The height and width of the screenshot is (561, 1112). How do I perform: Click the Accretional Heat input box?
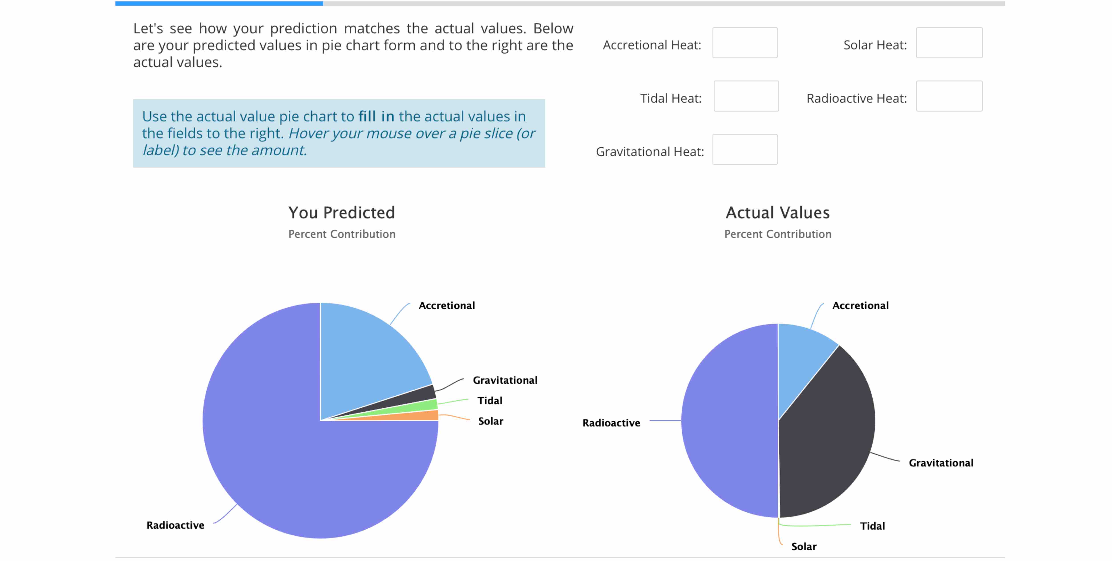[745, 43]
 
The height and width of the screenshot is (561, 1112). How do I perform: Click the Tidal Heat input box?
[746, 96]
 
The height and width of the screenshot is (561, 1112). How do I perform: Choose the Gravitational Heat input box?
[745, 149]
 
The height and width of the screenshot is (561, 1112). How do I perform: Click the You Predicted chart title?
[341, 213]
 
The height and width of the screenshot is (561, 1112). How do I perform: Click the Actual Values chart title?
[777, 213]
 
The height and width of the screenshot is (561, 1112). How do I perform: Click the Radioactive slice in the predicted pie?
[281, 453]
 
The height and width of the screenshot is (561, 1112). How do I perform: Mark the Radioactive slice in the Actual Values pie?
[730, 421]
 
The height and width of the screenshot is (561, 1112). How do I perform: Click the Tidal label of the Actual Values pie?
[872, 526]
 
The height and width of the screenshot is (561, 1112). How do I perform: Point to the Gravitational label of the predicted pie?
[505, 380]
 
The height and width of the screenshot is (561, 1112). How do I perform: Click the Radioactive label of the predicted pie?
[175, 525]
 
